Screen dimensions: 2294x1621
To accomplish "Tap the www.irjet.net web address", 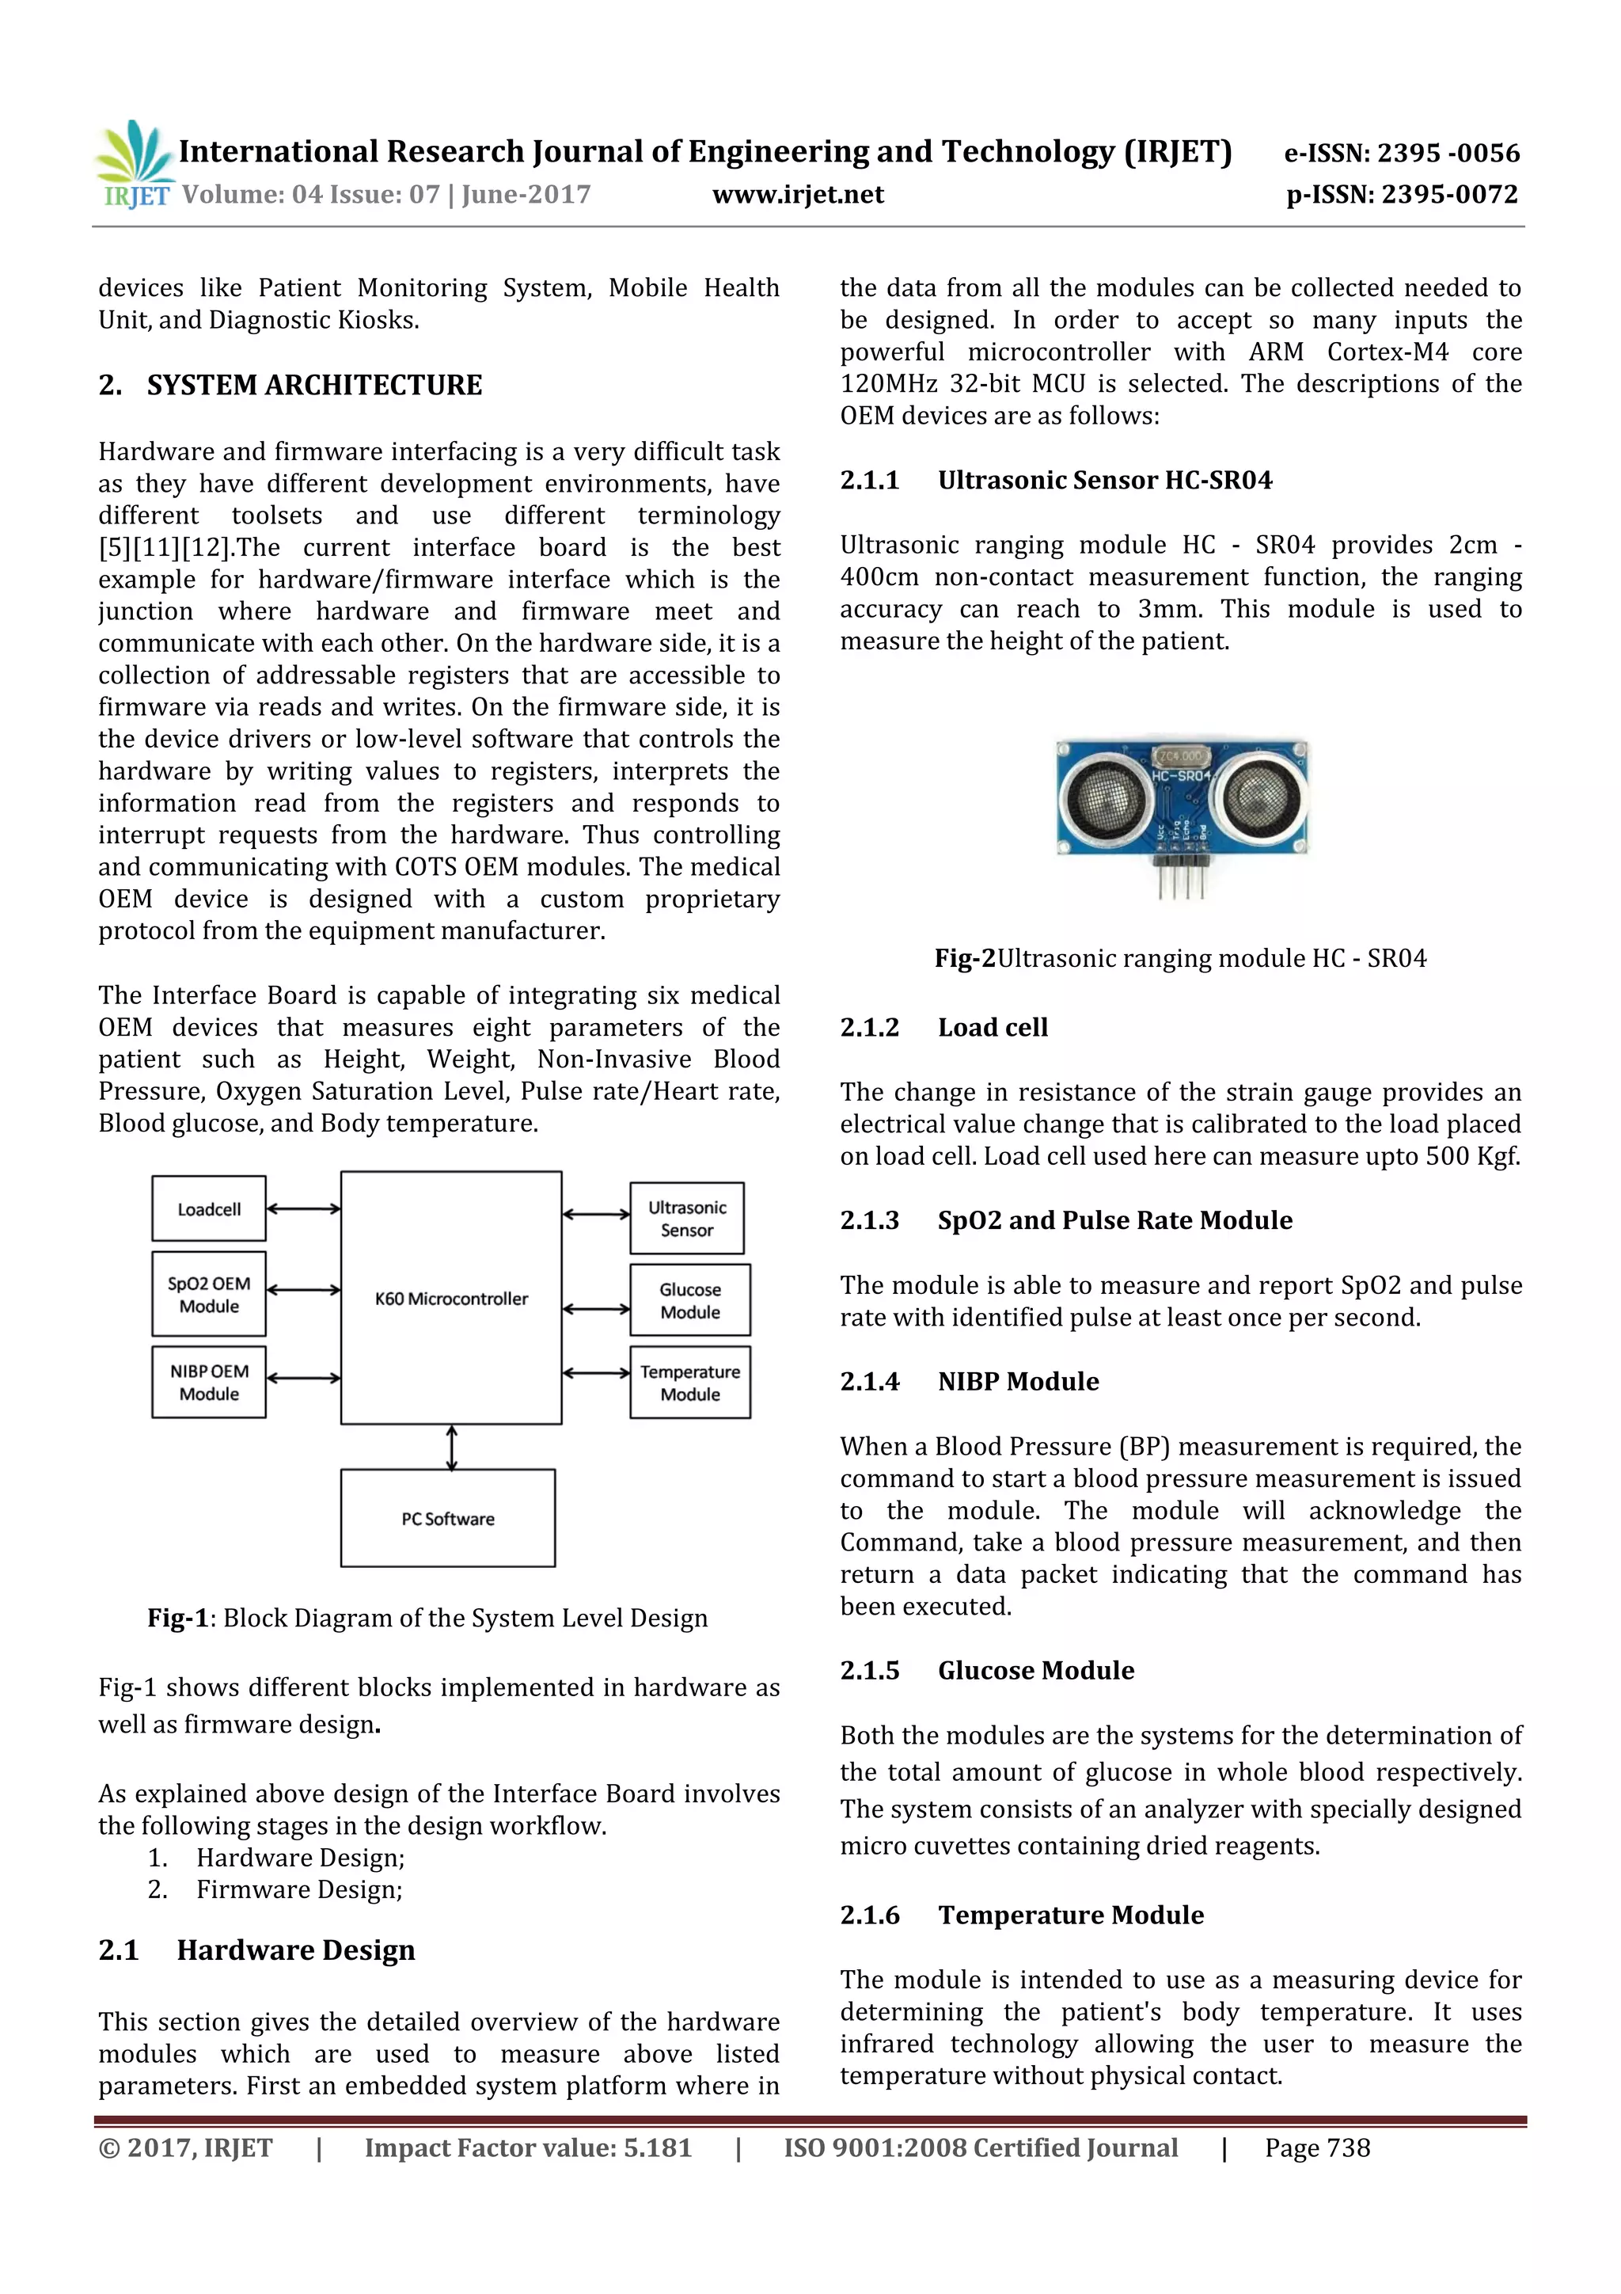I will click(x=797, y=195).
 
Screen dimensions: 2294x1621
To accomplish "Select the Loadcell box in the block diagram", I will click(x=209, y=1209).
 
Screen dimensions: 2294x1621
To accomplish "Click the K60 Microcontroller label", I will click(x=451, y=1299).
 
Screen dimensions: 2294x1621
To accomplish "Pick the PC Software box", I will click(x=447, y=1518).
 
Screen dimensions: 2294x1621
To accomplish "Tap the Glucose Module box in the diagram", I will click(x=689, y=1300).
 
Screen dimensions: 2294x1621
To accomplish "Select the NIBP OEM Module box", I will click(x=209, y=1382).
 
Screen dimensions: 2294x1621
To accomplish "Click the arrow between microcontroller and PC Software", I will click(x=451, y=1447).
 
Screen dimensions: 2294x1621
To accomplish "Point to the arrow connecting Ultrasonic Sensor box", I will click(x=595, y=1215).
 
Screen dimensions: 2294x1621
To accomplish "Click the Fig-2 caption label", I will click(x=964, y=958).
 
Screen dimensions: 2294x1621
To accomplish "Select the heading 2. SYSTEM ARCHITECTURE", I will click(x=290, y=386).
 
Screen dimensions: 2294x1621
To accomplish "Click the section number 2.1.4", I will click(x=869, y=1382).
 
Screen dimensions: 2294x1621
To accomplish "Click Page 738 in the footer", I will click(x=1316, y=2148).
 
